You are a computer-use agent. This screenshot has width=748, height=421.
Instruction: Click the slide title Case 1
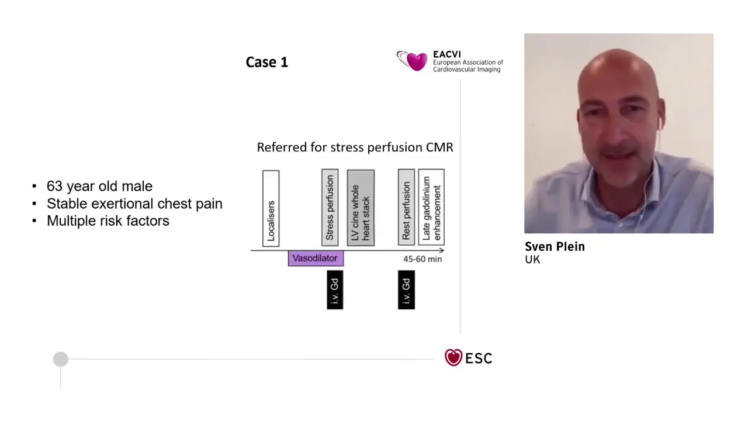pyautogui.click(x=267, y=62)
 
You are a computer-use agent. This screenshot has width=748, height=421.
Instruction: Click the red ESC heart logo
pyautogui.click(x=453, y=357)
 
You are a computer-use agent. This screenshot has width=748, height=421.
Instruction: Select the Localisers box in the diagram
pyautogui.click(x=271, y=209)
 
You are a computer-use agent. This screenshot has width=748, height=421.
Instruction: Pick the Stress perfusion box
pyautogui.click(x=330, y=208)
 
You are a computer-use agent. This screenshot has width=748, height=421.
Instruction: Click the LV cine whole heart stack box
pyautogui.click(x=361, y=208)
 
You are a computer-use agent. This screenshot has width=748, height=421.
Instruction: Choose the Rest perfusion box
pyautogui.click(x=406, y=207)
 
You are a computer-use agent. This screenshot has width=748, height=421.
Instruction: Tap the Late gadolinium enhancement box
pyautogui.click(x=431, y=207)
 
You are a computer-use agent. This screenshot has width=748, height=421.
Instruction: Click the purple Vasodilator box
pyautogui.click(x=316, y=258)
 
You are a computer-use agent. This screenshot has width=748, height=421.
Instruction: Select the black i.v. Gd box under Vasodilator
pyautogui.click(x=335, y=289)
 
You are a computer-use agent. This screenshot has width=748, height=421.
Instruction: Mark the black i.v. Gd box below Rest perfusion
pyautogui.click(x=406, y=289)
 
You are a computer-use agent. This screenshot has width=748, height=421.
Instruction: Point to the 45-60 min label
pyautogui.click(x=423, y=259)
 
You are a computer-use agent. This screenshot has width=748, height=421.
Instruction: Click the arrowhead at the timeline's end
pyautogui.click(x=443, y=250)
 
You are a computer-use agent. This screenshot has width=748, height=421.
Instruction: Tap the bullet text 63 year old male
pyautogui.click(x=99, y=187)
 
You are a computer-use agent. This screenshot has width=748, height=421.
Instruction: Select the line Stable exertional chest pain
pyautogui.click(x=134, y=204)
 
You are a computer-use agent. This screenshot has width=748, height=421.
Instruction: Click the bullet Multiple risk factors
pyautogui.click(x=108, y=221)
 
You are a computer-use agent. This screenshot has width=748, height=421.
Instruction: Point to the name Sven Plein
pyautogui.click(x=555, y=247)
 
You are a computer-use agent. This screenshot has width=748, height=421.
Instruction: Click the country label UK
pyautogui.click(x=532, y=260)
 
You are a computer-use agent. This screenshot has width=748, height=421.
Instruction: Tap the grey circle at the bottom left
pyautogui.click(x=60, y=359)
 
